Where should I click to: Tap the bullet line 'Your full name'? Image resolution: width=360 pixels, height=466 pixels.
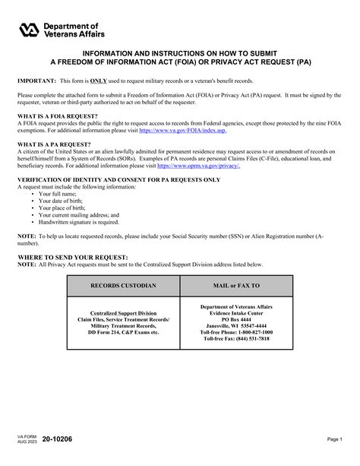click(59, 193)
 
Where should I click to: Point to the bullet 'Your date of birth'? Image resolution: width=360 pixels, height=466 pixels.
click(63, 201)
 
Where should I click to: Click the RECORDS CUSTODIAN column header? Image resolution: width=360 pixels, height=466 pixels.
click(124, 286)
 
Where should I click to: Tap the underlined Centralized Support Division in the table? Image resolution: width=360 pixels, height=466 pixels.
click(124, 312)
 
